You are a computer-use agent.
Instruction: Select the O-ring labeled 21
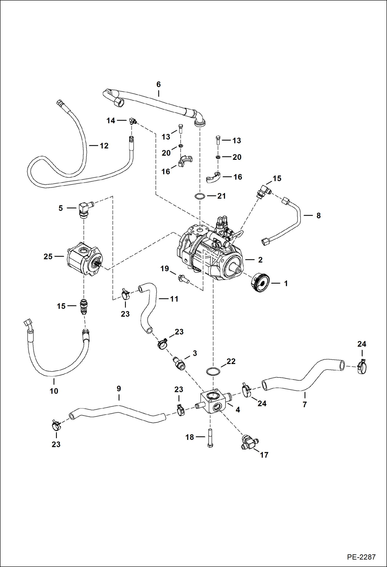200,196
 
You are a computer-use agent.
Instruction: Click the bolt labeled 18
210,438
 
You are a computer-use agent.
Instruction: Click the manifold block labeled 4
213,402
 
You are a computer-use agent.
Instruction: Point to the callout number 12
104,146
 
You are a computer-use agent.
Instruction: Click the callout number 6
158,84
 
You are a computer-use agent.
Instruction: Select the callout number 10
54,391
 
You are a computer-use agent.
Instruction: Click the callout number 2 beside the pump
260,260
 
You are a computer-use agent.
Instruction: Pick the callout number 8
318,216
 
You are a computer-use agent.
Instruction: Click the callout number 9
119,388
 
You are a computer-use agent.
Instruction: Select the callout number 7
305,404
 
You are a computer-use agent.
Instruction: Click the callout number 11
174,299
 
